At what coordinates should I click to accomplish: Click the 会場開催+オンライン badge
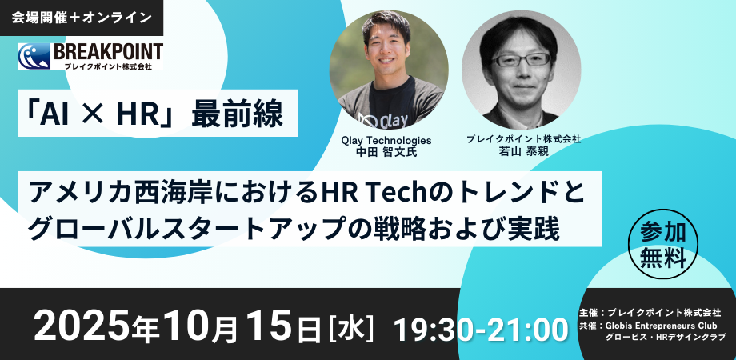(x=82, y=18)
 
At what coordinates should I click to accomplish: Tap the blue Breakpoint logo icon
(x=34, y=56)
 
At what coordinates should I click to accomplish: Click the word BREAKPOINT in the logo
(x=109, y=52)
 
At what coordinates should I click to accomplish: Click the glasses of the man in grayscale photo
(x=521, y=60)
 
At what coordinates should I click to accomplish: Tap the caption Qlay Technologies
(x=387, y=140)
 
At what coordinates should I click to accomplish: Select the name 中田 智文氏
(x=387, y=152)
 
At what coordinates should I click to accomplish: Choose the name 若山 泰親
(x=523, y=151)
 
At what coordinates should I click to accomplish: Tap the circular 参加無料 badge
(x=662, y=244)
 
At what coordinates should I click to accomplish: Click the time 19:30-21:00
(x=481, y=330)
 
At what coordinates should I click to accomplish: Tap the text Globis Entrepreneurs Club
(x=662, y=325)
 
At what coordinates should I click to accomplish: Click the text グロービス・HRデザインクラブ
(x=666, y=338)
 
